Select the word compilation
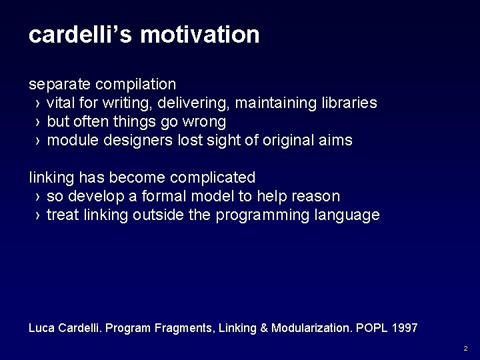pos(136,85)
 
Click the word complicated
pos(213,178)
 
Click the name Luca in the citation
pos(41,328)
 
